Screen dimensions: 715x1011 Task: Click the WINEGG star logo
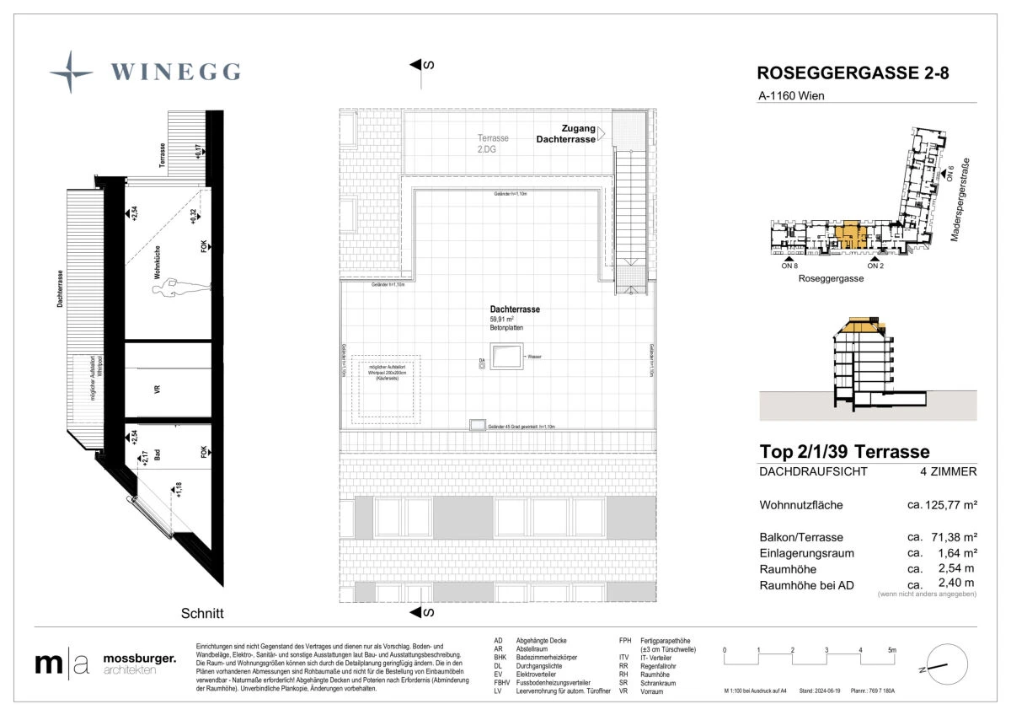point(71,72)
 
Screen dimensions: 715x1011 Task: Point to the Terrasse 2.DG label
point(494,143)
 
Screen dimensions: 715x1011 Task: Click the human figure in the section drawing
point(179,288)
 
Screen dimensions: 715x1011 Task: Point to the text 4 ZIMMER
point(949,472)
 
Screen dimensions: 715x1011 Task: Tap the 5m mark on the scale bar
point(892,650)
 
